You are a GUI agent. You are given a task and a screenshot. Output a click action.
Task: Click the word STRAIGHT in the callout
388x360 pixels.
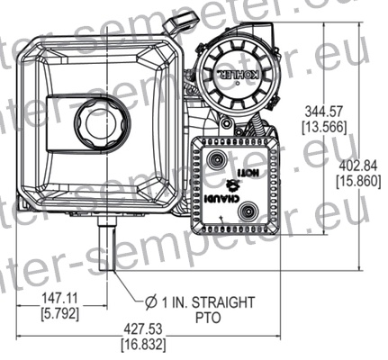223,301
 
